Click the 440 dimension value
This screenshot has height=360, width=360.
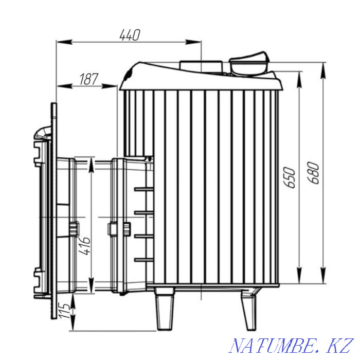(130, 35)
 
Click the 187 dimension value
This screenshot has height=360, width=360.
(89, 79)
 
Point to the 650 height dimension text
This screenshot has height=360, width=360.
(289, 178)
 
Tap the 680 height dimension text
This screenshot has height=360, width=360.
(313, 173)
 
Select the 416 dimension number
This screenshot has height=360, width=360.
(84, 246)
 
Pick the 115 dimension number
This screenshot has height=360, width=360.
(64, 311)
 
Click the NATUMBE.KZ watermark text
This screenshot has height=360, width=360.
(291, 346)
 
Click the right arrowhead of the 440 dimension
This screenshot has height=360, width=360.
(193, 42)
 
